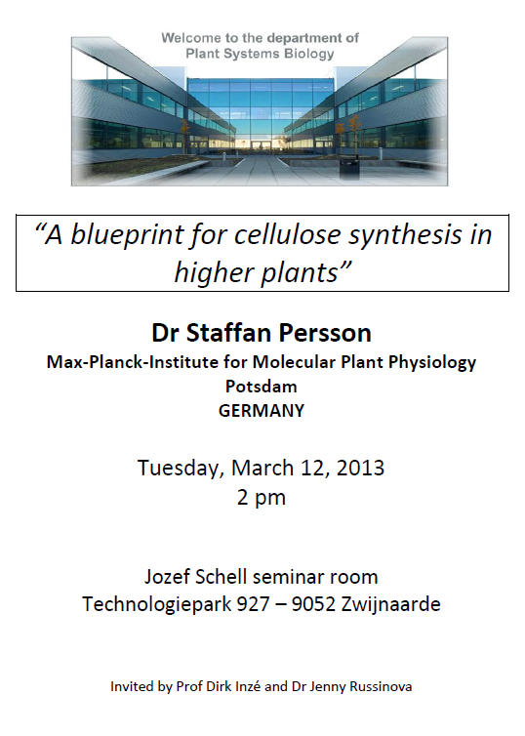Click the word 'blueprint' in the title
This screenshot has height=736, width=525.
coord(127,235)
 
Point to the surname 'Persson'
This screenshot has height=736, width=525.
coord(325,333)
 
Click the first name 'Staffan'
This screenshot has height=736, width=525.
coord(229,333)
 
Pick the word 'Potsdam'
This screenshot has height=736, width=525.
coord(262,387)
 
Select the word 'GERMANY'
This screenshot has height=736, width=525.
coord(262,411)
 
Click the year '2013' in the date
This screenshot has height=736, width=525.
coord(360,468)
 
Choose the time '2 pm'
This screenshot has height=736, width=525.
coord(262,498)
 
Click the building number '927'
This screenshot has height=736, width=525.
coord(253,604)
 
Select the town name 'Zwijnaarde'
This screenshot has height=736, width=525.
coord(390,604)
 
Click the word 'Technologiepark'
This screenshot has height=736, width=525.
coord(157,604)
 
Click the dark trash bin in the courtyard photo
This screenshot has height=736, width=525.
coord(349,167)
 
